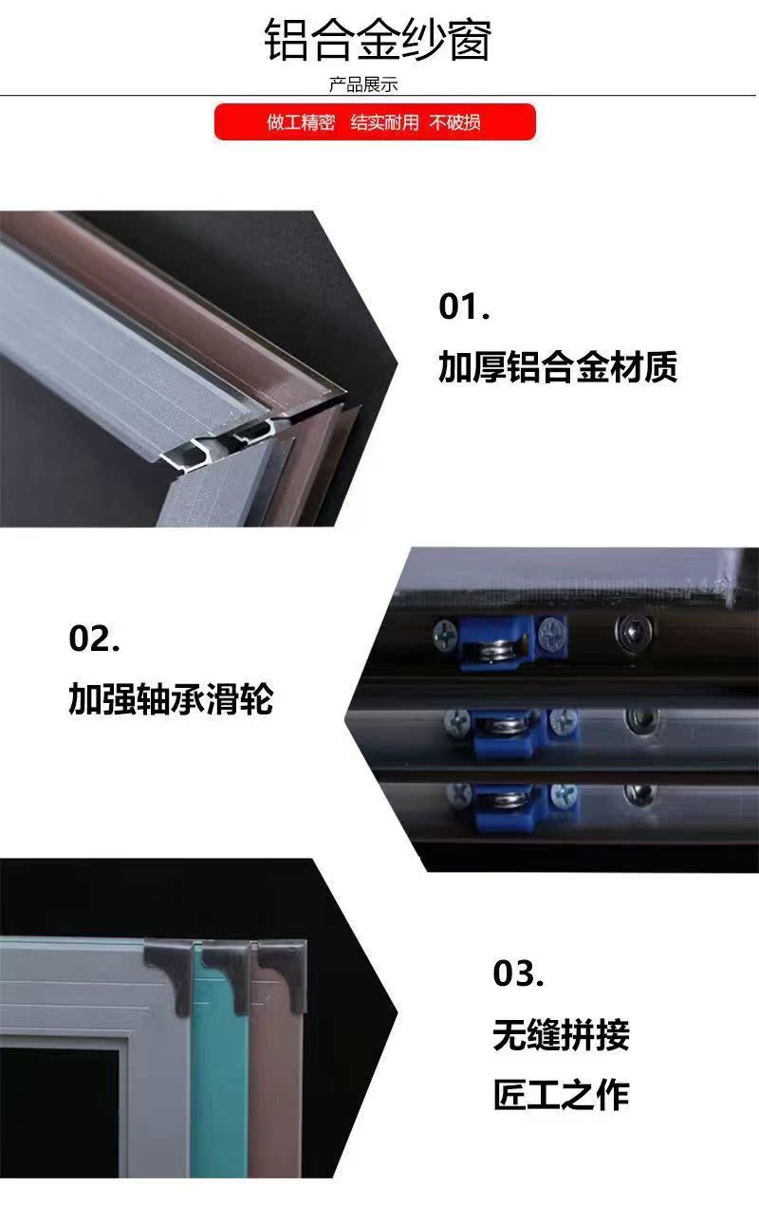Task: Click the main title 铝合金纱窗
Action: click(378, 40)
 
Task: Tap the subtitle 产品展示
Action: click(363, 84)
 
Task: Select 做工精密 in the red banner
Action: click(301, 122)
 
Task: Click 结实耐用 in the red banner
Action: click(384, 122)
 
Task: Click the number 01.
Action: click(464, 307)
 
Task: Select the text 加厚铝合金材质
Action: click(558, 367)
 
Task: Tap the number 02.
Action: click(94, 639)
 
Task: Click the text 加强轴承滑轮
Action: click(171, 700)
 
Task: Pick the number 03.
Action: click(518, 973)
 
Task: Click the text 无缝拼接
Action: click(562, 1034)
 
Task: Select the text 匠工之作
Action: click(562, 1095)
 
